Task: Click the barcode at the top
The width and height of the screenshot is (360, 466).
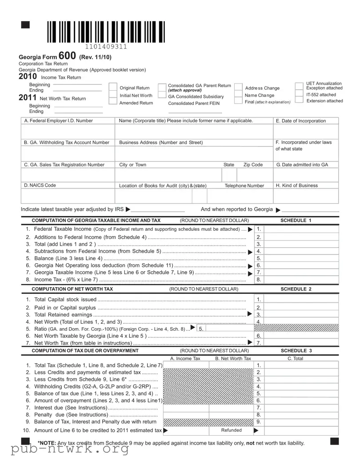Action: pos(105,32)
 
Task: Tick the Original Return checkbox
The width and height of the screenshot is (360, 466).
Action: pos(113,88)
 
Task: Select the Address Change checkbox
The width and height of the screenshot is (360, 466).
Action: pos(238,88)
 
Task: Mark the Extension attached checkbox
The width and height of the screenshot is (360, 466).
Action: pos(300,101)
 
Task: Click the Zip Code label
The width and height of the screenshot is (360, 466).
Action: pos(253,165)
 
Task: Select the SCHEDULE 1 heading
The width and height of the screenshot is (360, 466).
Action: pos(296,221)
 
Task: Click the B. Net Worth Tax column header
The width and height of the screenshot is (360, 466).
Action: pos(233,358)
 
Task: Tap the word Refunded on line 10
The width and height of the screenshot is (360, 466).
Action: pos(231,430)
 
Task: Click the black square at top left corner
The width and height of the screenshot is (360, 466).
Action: pos(25,25)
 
